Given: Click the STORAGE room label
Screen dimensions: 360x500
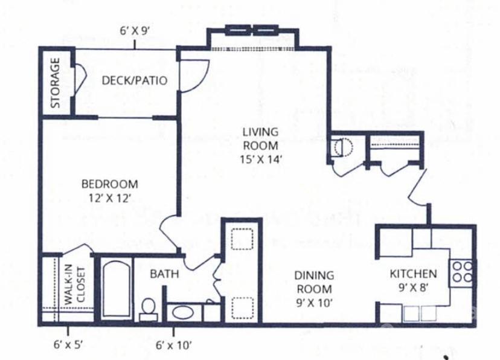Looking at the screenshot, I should (x=55, y=83).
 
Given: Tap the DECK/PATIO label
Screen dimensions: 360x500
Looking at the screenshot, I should (x=134, y=80).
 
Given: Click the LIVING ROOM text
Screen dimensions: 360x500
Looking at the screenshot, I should (x=260, y=138).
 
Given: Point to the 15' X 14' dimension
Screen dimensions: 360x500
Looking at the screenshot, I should (x=260, y=159).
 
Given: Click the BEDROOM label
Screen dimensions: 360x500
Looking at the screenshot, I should (x=109, y=184).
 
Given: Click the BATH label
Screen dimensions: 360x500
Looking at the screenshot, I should (x=164, y=274).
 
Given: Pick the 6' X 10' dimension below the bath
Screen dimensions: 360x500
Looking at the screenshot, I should (x=173, y=345).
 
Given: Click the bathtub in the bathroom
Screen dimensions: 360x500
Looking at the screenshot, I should (x=114, y=289).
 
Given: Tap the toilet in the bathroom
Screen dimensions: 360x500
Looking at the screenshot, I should (x=148, y=308).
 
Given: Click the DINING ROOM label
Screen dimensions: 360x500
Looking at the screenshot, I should (x=314, y=281).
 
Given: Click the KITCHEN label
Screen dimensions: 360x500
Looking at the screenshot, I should (x=413, y=274).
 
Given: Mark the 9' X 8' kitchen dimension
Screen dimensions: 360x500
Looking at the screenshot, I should (x=413, y=288).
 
